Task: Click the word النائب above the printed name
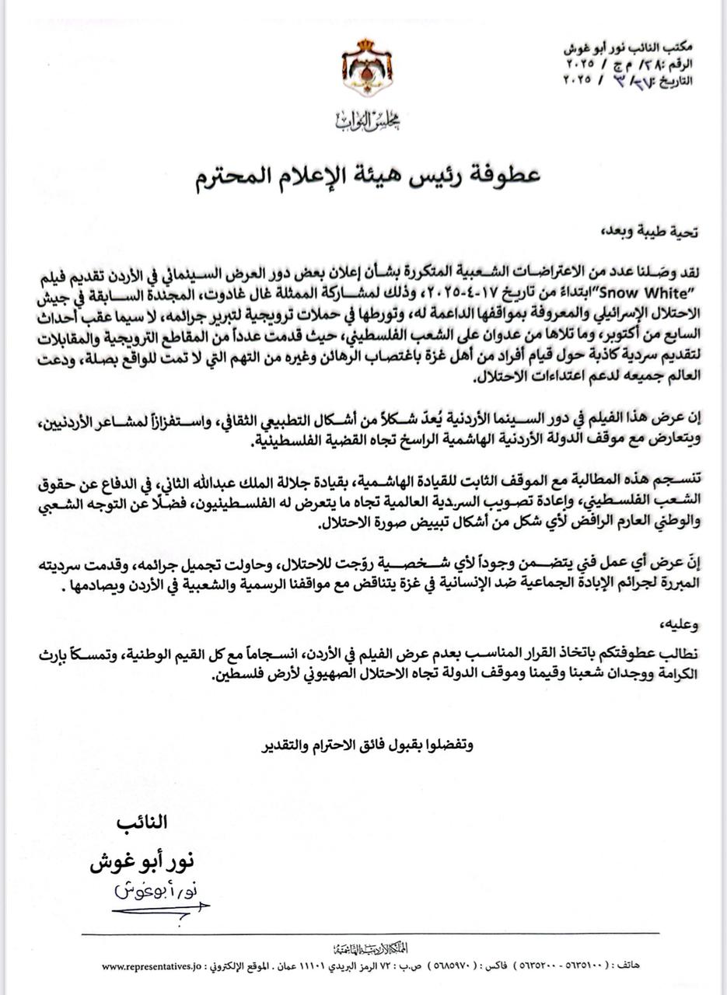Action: tap(142, 822)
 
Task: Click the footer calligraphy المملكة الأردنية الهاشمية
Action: tap(365, 948)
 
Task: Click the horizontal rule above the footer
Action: tap(370, 933)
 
